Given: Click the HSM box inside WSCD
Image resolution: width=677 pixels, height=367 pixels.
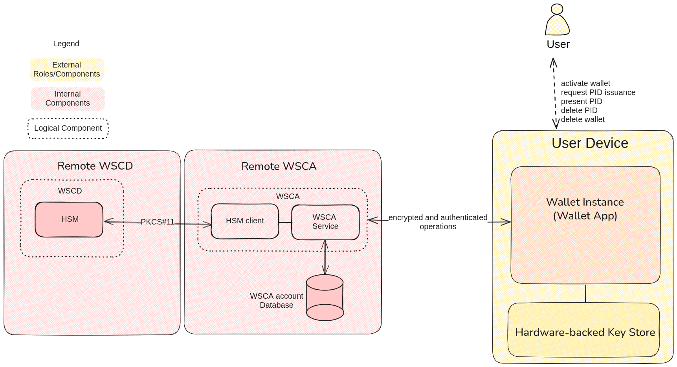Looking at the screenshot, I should [69, 219].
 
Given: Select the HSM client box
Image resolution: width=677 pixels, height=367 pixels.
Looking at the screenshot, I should [245, 221].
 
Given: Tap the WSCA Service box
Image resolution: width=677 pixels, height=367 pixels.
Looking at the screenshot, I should [325, 222].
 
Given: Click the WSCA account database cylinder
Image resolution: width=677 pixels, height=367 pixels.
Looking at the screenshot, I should [325, 298].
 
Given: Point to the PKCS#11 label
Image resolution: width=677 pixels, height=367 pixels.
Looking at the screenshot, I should [157, 222].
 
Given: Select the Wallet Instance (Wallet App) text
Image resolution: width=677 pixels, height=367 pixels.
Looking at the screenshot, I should [585, 209].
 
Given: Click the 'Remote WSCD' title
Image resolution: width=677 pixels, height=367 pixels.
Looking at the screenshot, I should [95, 166].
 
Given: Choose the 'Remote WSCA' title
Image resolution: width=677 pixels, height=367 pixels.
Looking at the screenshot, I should [279, 166].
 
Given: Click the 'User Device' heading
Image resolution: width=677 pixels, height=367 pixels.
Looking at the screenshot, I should [589, 143].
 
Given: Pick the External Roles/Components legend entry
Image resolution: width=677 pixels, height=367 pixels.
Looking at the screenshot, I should [67, 70].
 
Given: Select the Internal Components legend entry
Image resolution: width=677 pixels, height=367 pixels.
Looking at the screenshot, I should [68, 99].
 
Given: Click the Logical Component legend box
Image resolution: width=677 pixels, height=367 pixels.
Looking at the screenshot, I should [68, 128].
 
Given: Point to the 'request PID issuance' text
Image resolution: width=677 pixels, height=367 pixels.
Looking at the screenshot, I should [598, 93].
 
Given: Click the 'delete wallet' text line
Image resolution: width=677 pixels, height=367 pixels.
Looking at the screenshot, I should [582, 120].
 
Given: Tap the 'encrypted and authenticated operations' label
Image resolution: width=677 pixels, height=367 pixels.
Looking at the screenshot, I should [438, 222].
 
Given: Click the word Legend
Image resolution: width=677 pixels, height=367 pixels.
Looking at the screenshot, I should [66, 44].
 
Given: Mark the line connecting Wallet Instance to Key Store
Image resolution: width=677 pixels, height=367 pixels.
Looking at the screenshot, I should [585, 293].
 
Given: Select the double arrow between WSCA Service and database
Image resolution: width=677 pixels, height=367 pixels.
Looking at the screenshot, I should [325, 257].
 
